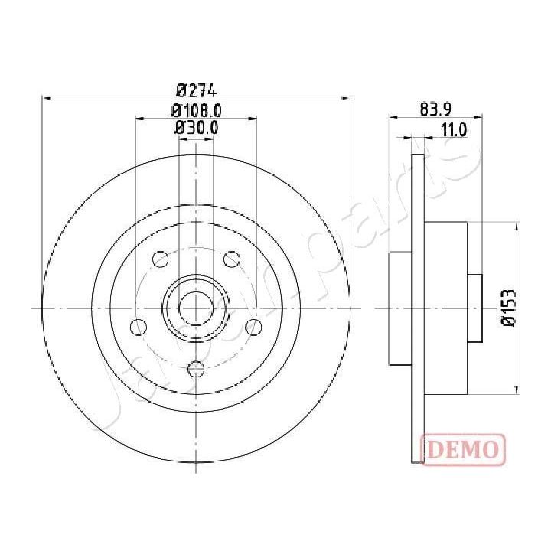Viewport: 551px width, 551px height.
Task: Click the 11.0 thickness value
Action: coord(454,130)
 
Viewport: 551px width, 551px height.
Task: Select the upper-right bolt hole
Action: coord(230,259)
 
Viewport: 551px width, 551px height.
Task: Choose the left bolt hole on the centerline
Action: coord(139,328)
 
